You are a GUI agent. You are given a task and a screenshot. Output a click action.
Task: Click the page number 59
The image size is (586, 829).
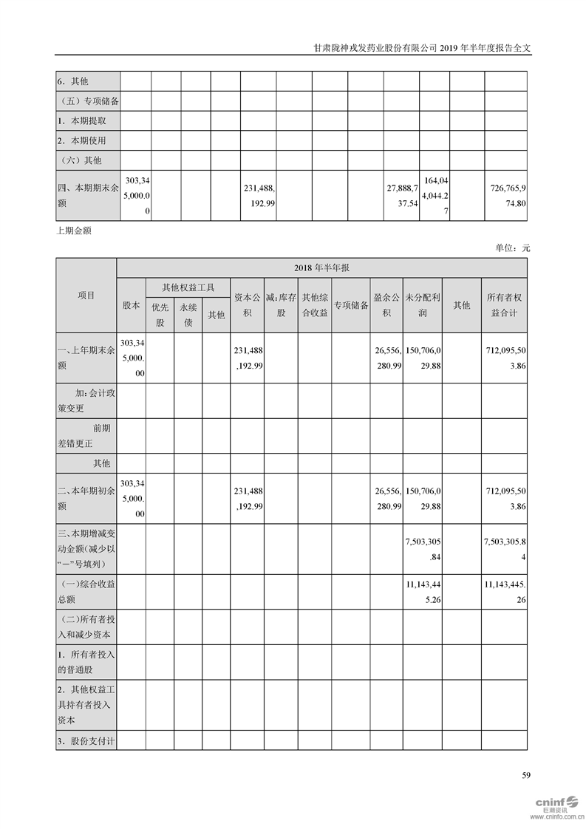coord(526,775)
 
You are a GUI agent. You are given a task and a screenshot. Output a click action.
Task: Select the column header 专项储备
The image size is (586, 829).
coord(350,304)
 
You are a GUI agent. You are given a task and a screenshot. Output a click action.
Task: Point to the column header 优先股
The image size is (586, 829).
coord(160,314)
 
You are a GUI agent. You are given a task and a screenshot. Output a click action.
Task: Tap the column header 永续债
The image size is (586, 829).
coord(188,314)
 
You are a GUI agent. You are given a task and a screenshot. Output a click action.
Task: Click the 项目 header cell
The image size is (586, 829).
coord(86,295)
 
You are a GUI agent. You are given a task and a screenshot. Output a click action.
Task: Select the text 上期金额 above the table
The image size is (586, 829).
coord(74,230)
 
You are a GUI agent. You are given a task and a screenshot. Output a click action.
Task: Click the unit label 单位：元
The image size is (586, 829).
coord(513,248)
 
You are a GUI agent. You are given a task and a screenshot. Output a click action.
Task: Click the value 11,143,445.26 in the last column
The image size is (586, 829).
coord(505,592)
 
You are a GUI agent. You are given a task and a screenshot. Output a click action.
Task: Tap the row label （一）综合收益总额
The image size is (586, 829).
coord(86,592)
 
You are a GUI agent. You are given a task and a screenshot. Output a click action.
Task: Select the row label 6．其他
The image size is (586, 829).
coord(78,81)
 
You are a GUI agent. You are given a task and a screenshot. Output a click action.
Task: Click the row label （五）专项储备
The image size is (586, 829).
coord(88,100)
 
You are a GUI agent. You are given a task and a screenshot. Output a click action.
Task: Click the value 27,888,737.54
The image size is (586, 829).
coord(403,196)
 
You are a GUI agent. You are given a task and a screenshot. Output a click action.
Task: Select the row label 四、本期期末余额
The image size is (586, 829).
coord(87,196)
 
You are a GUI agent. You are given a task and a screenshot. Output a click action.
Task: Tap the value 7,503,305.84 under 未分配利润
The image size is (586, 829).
coord(423,549)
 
